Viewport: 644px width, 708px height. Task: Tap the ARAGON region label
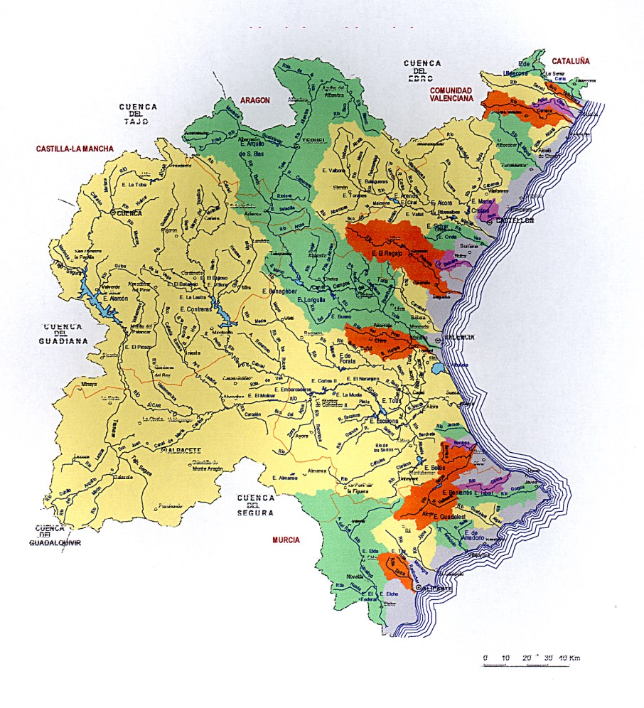click(255, 101)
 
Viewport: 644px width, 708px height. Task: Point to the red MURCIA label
click(286, 540)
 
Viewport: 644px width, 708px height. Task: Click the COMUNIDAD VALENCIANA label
click(451, 95)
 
